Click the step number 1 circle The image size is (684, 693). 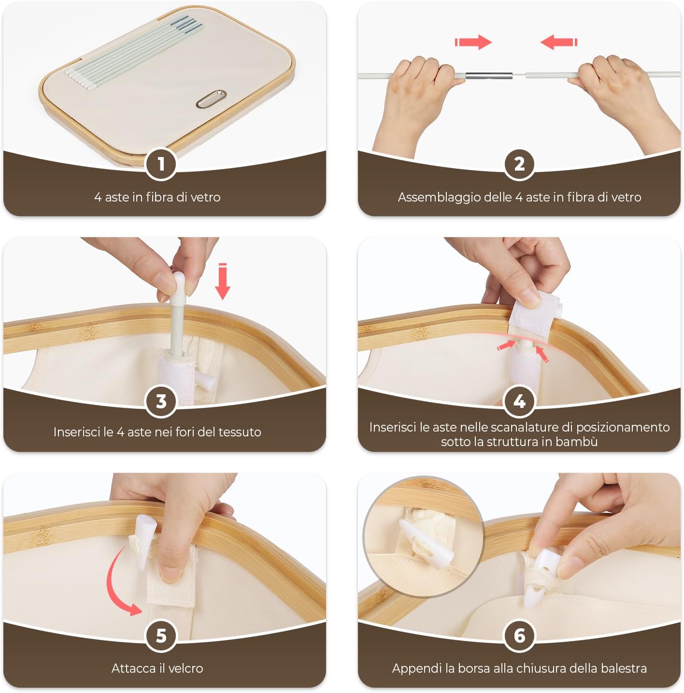pyautogui.click(x=161, y=164)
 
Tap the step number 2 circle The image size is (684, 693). pyautogui.click(x=519, y=164)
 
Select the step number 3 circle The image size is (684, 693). pyautogui.click(x=161, y=401)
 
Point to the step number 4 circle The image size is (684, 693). pyautogui.click(x=519, y=401)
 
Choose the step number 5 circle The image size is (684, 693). pyautogui.click(x=161, y=636)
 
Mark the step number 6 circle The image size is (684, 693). pyautogui.click(x=519, y=636)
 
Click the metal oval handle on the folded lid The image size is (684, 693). pyautogui.click(x=211, y=99)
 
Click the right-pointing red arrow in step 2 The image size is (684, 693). pyautogui.click(x=473, y=42)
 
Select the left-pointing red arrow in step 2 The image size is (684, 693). pyautogui.click(x=559, y=42)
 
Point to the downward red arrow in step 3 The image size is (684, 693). pyautogui.click(x=223, y=281)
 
